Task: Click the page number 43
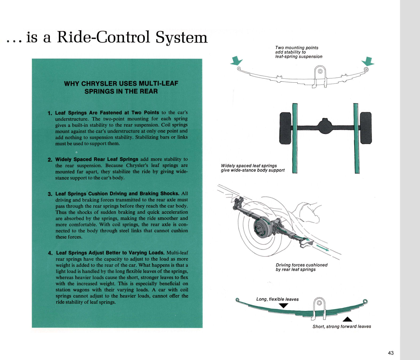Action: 391,353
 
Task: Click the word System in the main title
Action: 181,37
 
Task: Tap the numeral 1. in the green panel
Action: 50,113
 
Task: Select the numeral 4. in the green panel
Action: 50,253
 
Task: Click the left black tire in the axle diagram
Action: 285,128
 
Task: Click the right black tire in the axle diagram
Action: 366,128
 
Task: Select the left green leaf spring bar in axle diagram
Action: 295,138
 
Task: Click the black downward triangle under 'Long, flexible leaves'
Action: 283,306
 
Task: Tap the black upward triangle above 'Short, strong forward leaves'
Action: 347,319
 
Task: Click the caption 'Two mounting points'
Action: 297,48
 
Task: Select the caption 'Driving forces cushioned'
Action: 301,265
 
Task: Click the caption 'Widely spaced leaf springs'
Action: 249,166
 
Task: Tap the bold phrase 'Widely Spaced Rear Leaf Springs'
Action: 97,159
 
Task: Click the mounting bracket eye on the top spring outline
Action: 320,71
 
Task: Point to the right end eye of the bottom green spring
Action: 365,302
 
